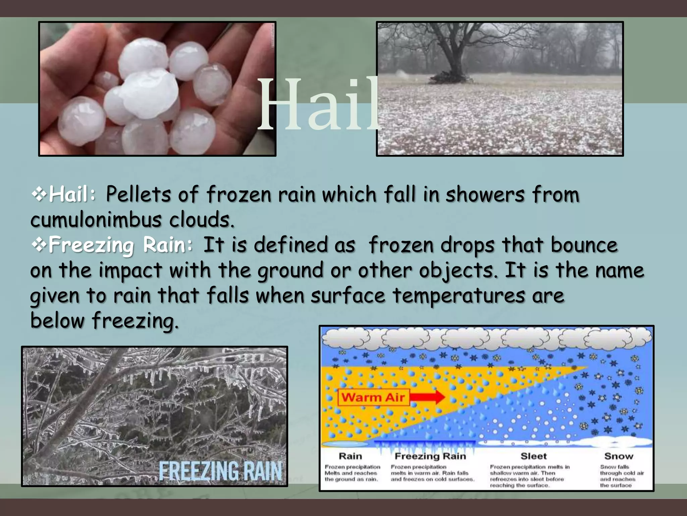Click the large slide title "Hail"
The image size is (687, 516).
[x=319, y=104]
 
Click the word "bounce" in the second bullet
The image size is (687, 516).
[x=584, y=245]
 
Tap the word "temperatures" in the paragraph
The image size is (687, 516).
[x=458, y=295]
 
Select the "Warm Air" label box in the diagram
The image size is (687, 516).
[x=373, y=397]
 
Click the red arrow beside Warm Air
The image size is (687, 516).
[x=428, y=397]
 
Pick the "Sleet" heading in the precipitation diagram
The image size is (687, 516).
[x=533, y=456]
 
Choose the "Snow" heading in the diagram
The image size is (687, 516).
[x=619, y=456]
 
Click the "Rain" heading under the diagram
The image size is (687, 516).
[x=350, y=456]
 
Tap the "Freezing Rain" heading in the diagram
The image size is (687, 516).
[x=430, y=456]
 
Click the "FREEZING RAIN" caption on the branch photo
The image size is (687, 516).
[x=220, y=471]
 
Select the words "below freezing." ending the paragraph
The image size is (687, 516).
[x=104, y=320]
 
